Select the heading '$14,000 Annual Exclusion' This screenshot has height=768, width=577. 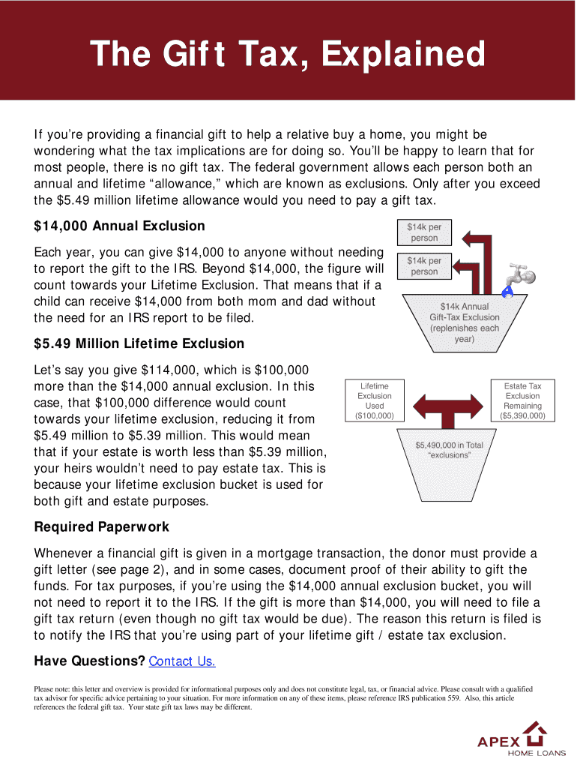coord(119,226)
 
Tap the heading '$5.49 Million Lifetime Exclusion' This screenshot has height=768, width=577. coord(139,343)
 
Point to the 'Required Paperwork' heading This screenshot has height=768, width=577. coord(102,526)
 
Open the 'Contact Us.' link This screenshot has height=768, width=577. coord(182,661)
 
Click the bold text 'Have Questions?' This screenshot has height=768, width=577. coord(90,661)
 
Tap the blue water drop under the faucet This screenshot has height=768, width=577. coord(507,291)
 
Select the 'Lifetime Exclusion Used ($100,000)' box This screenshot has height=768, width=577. coord(374,400)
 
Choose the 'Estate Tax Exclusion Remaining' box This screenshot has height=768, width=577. coord(522,400)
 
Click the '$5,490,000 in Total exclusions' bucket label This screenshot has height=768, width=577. coord(449,450)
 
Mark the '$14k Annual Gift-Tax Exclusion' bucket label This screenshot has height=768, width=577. coord(465,322)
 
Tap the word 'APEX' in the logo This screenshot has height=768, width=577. coord(498,742)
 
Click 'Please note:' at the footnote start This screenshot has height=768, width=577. coord(53,688)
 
